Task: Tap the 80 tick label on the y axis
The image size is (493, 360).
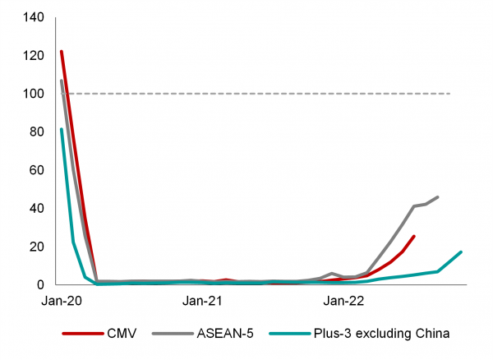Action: click(x=35, y=132)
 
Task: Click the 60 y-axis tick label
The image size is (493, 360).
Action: click(x=35, y=170)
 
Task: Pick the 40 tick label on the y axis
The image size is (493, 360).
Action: click(x=35, y=208)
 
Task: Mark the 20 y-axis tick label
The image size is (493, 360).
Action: click(x=35, y=247)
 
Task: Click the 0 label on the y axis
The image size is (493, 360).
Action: click(x=38, y=284)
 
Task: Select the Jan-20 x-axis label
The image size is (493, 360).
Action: click(x=62, y=302)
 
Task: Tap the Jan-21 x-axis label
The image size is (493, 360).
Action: click(x=202, y=302)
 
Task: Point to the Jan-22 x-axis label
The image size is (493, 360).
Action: click(x=343, y=302)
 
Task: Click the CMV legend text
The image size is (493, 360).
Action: click(x=121, y=334)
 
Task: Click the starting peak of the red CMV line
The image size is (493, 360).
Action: click(x=62, y=52)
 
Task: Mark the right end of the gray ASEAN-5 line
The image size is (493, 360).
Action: click(x=438, y=197)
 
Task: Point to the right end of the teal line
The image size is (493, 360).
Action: click(x=462, y=252)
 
